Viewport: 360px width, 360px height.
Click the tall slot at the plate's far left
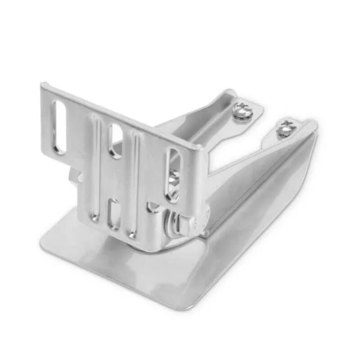[59, 127]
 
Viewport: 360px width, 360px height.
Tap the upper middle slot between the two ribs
[115, 141]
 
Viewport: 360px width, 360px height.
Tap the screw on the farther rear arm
[284, 129]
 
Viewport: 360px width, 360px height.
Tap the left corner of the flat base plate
[44, 243]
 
